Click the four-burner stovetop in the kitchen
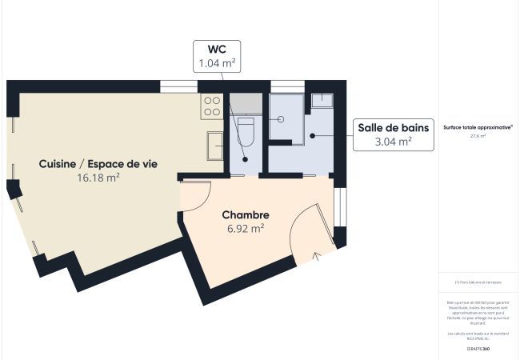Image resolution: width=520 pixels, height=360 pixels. [212, 107]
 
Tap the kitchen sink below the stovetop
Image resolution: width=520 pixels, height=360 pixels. [214, 146]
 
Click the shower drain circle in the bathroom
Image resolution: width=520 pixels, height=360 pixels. [282, 118]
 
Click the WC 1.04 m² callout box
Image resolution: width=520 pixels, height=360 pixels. [217, 55]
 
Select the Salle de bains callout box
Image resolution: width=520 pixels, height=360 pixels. [393, 134]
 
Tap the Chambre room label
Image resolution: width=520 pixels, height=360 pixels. [246, 214]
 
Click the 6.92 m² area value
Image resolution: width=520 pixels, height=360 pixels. [246, 228]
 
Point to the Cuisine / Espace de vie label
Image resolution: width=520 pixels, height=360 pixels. [98, 164]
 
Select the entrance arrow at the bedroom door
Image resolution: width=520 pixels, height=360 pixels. [316, 255]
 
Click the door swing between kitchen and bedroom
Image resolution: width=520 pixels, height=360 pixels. [196, 196]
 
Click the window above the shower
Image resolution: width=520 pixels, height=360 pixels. [287, 86]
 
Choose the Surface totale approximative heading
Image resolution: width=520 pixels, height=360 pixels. [478, 126]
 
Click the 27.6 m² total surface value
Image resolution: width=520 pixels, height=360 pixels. [478, 136]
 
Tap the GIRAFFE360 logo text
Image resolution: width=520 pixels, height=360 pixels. [478, 350]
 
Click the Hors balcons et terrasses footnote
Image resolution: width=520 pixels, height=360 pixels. [478, 282]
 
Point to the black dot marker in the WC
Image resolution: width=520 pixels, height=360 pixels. [246, 158]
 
